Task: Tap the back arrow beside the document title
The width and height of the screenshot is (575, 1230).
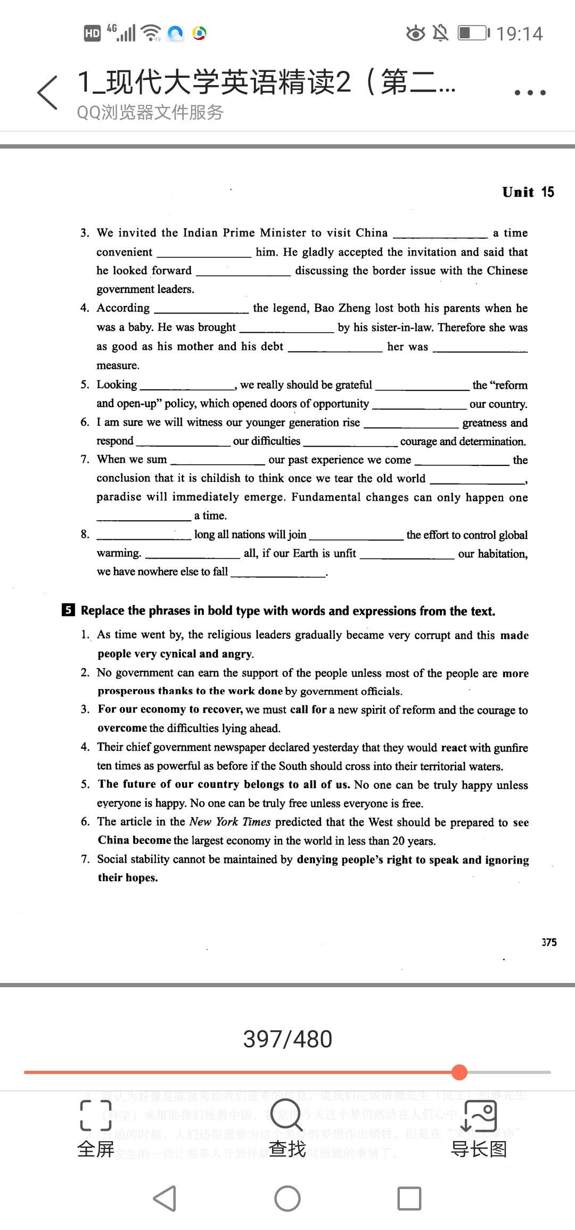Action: pyautogui.click(x=47, y=92)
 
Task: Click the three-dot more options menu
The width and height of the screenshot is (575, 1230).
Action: pyautogui.click(x=530, y=92)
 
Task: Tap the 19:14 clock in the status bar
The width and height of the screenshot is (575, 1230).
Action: pyautogui.click(x=519, y=34)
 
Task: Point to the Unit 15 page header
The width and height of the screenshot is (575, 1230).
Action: pyautogui.click(x=528, y=192)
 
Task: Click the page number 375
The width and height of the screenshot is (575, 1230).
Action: pyautogui.click(x=549, y=942)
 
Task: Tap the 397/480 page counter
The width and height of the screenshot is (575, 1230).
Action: pyautogui.click(x=287, y=1039)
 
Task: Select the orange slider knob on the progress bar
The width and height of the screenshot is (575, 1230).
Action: pyautogui.click(x=459, y=1072)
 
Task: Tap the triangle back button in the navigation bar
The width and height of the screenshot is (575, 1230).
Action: pyautogui.click(x=165, y=1199)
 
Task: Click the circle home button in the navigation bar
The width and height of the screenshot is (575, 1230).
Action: pyautogui.click(x=287, y=1199)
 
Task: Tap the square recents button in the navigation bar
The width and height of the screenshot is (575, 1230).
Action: pyautogui.click(x=409, y=1199)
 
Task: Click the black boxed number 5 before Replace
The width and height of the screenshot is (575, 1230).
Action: pyautogui.click(x=68, y=610)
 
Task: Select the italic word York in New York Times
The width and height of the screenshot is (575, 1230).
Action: pyautogui.click(x=227, y=822)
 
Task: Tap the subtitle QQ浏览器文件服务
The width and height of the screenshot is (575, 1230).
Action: pyautogui.click(x=150, y=112)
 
